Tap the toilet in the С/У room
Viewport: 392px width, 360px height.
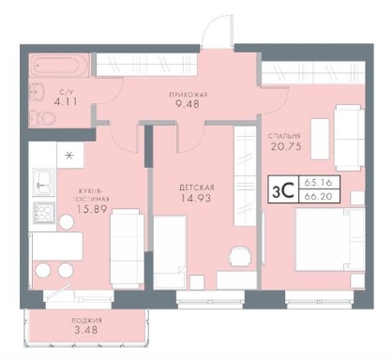pyautogui.click(x=44, y=118)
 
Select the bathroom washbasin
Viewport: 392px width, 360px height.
pyautogui.click(x=38, y=91)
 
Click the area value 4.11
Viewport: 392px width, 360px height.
pyautogui.click(x=66, y=102)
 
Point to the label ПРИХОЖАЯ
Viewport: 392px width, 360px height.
pyautogui.click(x=188, y=95)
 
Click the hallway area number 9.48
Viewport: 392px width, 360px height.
pyautogui.click(x=188, y=104)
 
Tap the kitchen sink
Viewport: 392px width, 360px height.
pyautogui.click(x=44, y=183)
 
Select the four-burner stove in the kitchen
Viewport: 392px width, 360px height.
pyautogui.click(x=44, y=212)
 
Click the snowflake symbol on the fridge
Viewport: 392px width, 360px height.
pyautogui.click(x=69, y=155)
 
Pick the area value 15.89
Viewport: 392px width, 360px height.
pyautogui.click(x=92, y=209)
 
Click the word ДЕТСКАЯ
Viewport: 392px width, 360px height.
pyautogui.click(x=197, y=187)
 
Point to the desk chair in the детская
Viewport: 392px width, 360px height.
pyautogui.click(x=240, y=256)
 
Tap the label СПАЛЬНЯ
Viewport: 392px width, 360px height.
pyautogui.click(x=284, y=136)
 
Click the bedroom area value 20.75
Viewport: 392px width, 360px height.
pyautogui.click(x=286, y=146)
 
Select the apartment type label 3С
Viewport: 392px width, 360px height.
pyautogui.click(x=282, y=191)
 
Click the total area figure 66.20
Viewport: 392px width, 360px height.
pyautogui.click(x=319, y=196)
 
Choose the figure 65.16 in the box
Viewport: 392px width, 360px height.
pyautogui.click(x=319, y=182)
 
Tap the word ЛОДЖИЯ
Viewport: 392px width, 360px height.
pyautogui.click(x=86, y=321)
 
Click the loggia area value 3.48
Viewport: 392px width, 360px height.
pyautogui.click(x=85, y=330)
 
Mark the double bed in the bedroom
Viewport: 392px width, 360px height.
pyautogui.click(x=329, y=240)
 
